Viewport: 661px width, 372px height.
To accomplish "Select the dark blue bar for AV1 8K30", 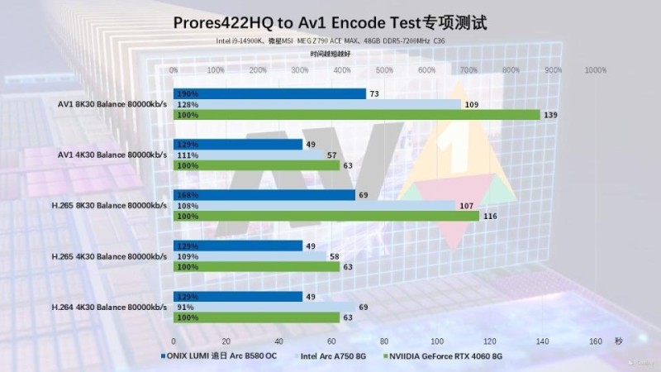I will click(x=269, y=94).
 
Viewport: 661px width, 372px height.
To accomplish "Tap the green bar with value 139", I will click(x=357, y=115).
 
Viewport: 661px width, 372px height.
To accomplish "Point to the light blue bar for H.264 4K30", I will click(x=264, y=307).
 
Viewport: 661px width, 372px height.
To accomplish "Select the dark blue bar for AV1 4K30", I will click(x=238, y=145).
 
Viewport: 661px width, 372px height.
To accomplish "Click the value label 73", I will click(x=374, y=94).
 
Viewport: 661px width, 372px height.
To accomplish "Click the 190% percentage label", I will click(x=187, y=94).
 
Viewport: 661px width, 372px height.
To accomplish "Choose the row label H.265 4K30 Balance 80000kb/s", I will click(x=111, y=256).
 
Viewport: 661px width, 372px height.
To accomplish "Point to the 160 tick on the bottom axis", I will click(x=595, y=341).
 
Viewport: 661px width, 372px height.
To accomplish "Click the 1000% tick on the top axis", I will click(x=595, y=71).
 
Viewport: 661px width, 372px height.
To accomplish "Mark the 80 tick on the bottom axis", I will click(x=384, y=341).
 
